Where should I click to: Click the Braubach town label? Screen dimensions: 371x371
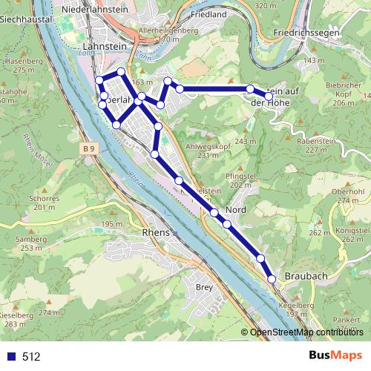305,275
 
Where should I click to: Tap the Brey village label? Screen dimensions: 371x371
203,286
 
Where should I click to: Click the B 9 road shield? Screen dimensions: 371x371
89,149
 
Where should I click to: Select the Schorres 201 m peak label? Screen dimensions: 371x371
45,203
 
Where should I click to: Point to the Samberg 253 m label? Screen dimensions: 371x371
31,243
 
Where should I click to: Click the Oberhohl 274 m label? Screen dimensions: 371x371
349,195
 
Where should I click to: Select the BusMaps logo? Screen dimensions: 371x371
335,356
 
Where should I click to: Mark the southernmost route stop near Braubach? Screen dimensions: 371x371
272,279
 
